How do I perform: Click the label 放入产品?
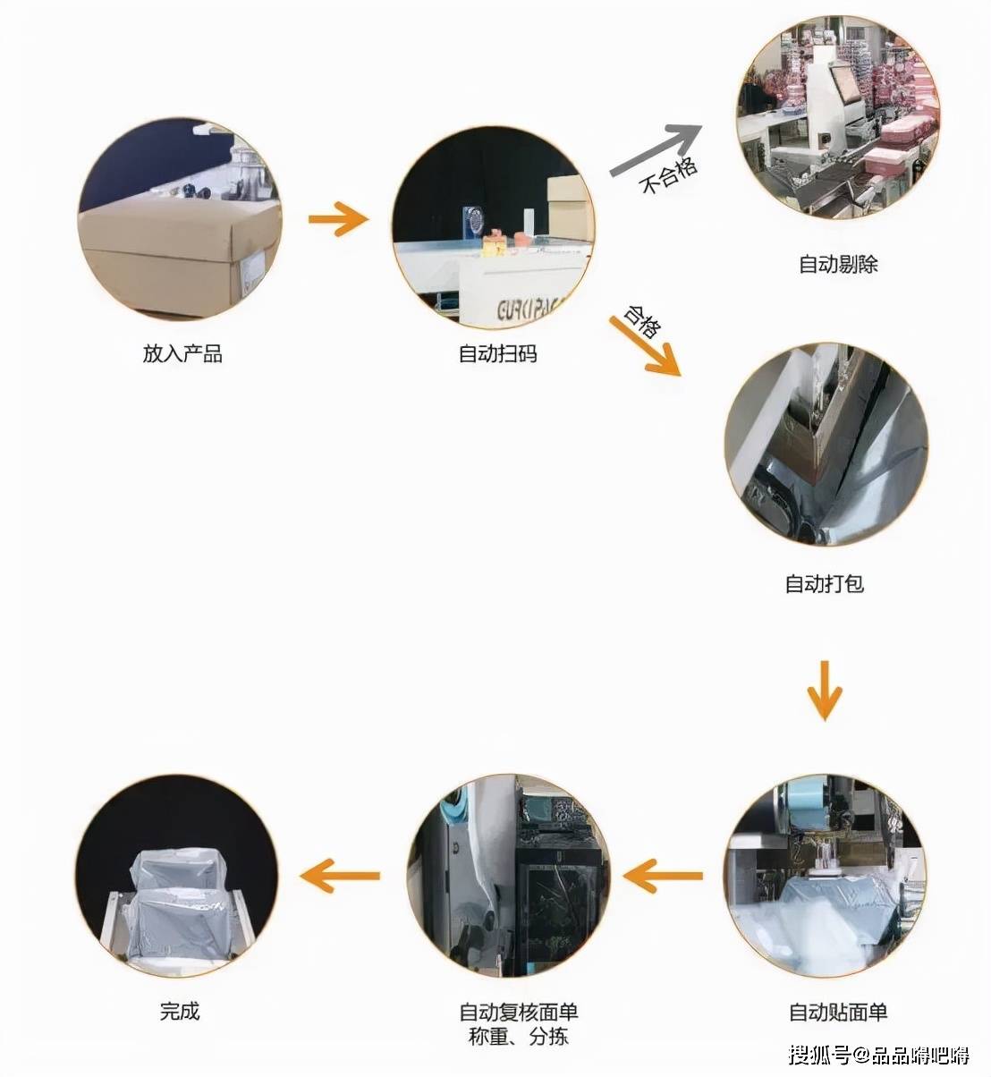tap(182, 354)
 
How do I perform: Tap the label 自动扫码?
tap(497, 354)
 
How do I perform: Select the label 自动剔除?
tap(838, 265)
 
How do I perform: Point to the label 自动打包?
tap(824, 584)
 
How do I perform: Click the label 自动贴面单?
tap(838, 1013)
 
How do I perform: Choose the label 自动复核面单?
tap(519, 1013)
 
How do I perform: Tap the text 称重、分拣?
tap(519, 1037)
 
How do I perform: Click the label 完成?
tap(180, 1012)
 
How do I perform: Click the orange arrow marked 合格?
tap(645, 345)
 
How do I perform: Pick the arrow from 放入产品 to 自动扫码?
tap(338, 218)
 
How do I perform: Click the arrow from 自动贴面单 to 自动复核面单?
tap(662, 875)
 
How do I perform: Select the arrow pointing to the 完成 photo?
tap(340, 875)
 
